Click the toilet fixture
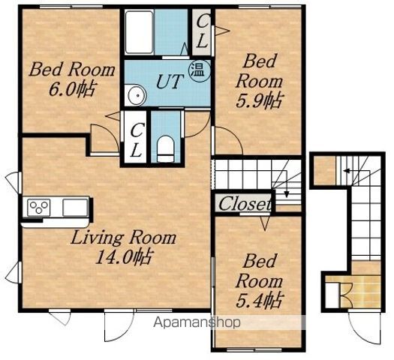[165, 148]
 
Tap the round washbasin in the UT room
[137, 95]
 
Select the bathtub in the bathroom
[139, 32]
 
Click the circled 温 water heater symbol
[200, 70]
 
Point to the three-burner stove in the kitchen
[39, 207]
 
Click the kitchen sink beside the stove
[74, 207]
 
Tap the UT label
[169, 82]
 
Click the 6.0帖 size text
[72, 89]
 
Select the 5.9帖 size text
[259, 100]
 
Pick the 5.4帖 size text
[259, 300]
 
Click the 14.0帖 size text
[123, 257]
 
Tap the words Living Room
[123, 238]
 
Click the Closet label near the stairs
[245, 203]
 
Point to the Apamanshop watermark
[197, 322]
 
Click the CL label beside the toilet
[135, 139]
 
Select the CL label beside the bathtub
[202, 32]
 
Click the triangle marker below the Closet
[265, 223]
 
